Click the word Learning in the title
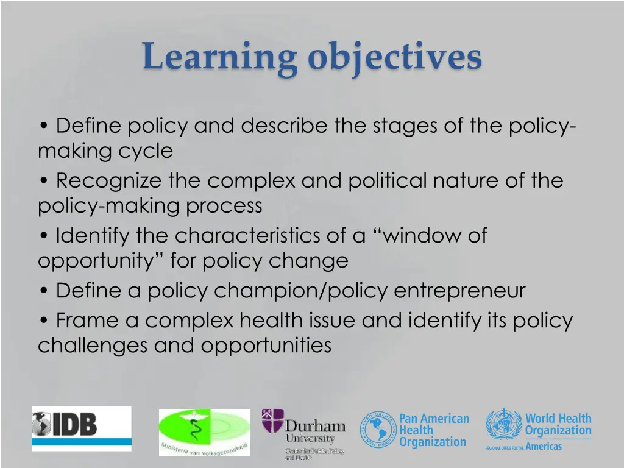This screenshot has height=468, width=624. (219, 57)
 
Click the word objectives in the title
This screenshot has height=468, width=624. (395, 57)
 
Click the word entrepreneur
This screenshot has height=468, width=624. (459, 291)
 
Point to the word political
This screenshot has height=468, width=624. (388, 181)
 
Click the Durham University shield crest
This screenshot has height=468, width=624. (272, 421)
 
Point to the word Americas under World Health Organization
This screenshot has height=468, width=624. (544, 447)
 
